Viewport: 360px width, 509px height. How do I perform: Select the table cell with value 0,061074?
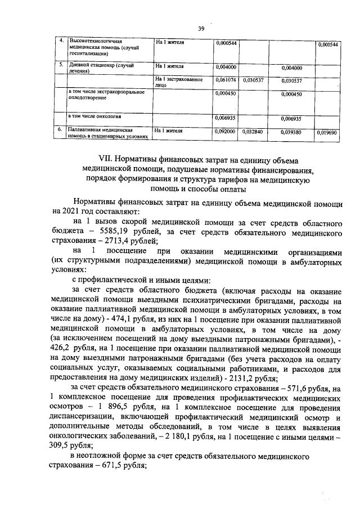click(x=226, y=80)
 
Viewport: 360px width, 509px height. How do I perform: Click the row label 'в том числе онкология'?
click(x=94, y=118)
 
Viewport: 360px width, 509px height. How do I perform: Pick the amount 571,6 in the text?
click(x=310, y=389)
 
